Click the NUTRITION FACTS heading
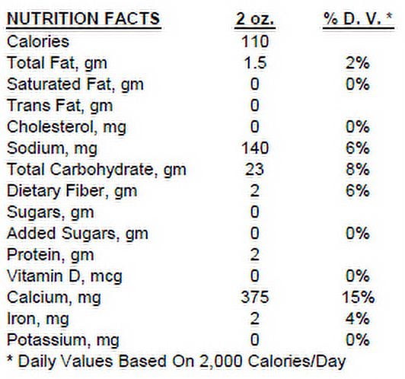(84, 18)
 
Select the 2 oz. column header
(255, 18)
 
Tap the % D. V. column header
(359, 18)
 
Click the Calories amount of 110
(255, 42)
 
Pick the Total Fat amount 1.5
(255, 63)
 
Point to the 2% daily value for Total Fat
(358, 63)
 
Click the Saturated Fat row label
(75, 84)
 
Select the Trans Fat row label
(59, 106)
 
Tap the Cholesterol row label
(67, 127)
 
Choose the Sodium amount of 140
(255, 148)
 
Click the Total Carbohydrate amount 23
(255, 170)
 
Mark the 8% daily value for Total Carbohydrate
(358, 170)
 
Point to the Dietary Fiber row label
(72, 191)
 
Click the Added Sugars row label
(78, 234)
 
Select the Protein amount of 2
(255, 255)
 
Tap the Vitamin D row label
(64, 276)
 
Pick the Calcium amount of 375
(255, 297)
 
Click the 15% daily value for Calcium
(358, 297)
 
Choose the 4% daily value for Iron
(358, 319)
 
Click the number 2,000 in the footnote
(221, 361)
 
